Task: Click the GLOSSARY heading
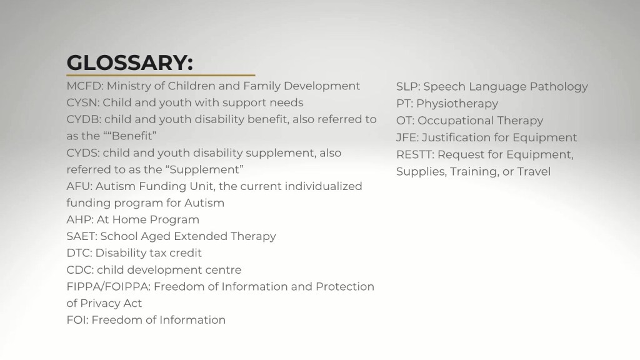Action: (x=130, y=62)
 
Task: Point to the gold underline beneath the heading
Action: (x=161, y=75)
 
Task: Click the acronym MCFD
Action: (x=84, y=86)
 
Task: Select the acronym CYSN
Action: (x=82, y=102)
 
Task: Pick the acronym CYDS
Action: (x=83, y=152)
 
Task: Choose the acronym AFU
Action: (x=79, y=186)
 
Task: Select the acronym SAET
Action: (x=82, y=236)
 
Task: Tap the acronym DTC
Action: (x=79, y=253)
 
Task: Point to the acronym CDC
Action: (x=80, y=270)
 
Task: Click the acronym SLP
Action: (x=408, y=86)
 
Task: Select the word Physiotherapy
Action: (x=457, y=104)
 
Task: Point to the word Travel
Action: (x=534, y=171)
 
